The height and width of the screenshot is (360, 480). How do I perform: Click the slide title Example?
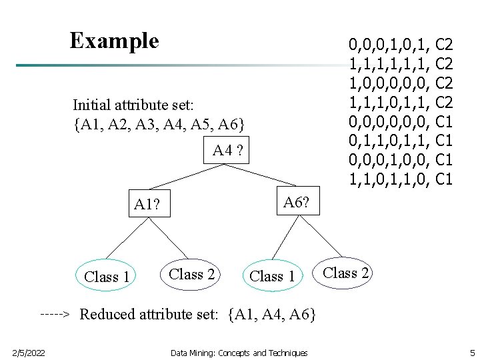point(114,41)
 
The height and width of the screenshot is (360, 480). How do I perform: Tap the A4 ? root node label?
point(229,151)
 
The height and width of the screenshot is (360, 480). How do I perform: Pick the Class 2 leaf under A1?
point(192,274)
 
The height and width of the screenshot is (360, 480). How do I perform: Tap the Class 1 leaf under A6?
point(272,276)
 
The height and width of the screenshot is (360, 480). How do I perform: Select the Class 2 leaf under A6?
point(345,273)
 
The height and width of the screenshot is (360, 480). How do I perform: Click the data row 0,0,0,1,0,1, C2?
point(401,45)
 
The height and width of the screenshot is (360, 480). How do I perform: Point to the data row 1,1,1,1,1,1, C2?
point(401,65)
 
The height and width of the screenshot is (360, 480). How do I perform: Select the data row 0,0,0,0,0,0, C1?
point(401,122)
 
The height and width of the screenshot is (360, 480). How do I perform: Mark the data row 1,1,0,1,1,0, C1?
point(401,179)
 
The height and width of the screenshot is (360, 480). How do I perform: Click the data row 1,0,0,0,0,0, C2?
point(401,84)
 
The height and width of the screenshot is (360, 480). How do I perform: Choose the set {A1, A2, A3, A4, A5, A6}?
point(159,124)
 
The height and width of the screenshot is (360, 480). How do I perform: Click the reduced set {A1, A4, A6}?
point(271,314)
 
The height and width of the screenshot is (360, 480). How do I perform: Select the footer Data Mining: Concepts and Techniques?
point(239,353)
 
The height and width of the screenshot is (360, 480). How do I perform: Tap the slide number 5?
point(471,353)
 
